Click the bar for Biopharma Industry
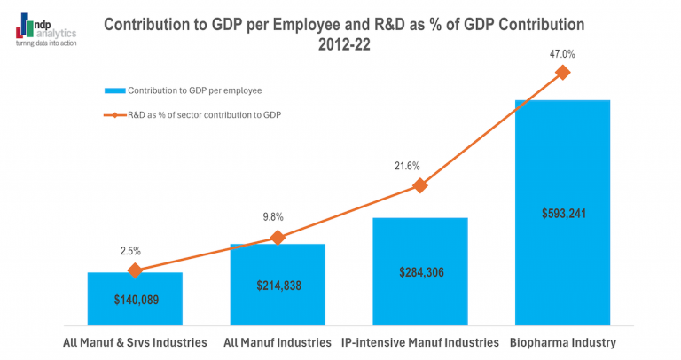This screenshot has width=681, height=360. (562, 160)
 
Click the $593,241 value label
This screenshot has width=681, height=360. (562, 213)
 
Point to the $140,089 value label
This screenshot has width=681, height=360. (135, 300)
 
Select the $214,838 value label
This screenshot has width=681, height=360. (278, 285)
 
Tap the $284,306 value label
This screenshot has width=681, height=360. (420, 272)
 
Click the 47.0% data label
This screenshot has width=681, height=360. (562, 54)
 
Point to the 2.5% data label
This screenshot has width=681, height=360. (130, 251)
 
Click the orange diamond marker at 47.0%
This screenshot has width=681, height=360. (562, 73)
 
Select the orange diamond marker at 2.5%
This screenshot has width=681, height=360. (135, 270)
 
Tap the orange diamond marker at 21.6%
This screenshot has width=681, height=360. (420, 185)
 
